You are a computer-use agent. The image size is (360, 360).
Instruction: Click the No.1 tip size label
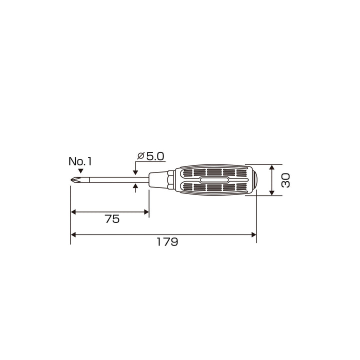(80, 161)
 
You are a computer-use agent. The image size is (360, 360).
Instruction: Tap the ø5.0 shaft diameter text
(150, 156)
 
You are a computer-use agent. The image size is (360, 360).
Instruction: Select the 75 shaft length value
(112, 219)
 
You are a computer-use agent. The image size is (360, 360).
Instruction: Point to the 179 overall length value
(167, 242)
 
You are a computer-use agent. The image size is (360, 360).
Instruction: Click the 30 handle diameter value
(286, 180)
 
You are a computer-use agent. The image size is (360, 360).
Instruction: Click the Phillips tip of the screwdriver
(76, 180)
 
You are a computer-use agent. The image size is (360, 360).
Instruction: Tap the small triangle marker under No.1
(80, 171)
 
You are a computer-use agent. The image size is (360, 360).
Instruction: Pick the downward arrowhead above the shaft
(135, 172)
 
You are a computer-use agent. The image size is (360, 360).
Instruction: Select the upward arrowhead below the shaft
(135, 185)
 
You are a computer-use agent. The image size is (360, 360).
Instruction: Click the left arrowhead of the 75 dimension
(73, 212)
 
